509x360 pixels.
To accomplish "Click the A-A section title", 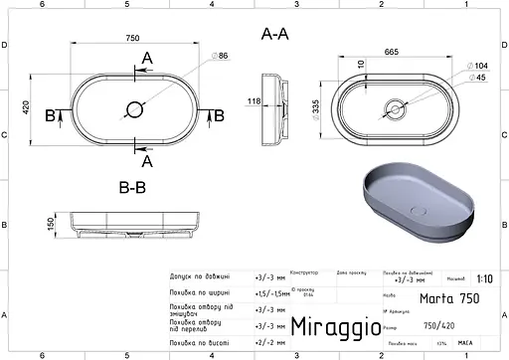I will pos(274,33).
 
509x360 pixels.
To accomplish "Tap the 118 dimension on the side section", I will pos(254,100).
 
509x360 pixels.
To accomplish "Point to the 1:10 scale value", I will pos(483,280).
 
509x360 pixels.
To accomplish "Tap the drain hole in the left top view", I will pos(132,106).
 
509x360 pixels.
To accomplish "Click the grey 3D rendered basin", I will pos(423,199).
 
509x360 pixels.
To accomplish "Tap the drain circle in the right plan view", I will pos(396,106).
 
